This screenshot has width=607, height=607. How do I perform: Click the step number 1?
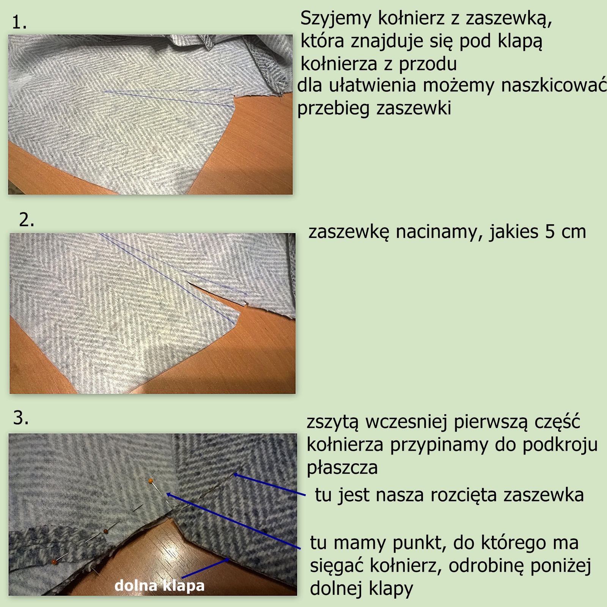pos(19,23)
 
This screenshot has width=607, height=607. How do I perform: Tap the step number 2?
pos(27,220)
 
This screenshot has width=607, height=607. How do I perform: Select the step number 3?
pos(21,418)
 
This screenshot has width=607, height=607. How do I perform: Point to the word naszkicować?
pos(554,85)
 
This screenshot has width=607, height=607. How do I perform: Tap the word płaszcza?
pos(342,468)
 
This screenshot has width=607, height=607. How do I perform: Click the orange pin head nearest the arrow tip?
pos(151,481)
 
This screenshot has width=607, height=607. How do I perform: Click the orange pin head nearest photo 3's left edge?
pos(54,561)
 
